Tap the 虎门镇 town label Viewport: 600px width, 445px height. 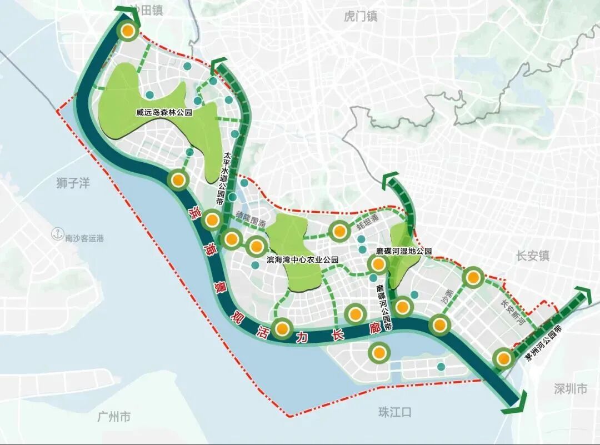click(360, 17)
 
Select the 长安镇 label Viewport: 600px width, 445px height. click(532, 256)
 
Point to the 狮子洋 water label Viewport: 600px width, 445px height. click(73, 183)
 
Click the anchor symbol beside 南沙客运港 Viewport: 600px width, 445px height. click(56, 234)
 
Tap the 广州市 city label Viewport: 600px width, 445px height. click(113, 416)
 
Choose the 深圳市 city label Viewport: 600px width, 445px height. click(570, 389)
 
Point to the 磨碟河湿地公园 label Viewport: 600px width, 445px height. click(404, 251)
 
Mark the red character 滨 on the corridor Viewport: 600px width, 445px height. click(195, 212)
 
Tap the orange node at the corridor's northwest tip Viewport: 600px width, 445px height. click(128, 32)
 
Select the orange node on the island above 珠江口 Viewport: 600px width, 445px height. click(379, 352)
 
